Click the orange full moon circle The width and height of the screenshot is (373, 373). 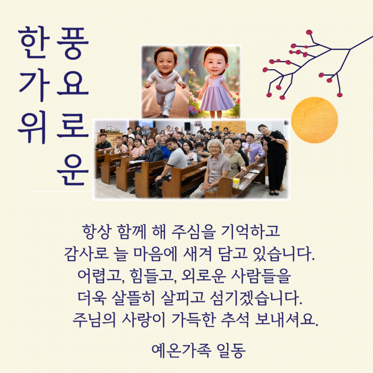tap(314, 120)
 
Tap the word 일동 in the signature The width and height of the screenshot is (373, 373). tap(231, 350)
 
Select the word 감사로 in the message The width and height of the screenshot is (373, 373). tap(82, 254)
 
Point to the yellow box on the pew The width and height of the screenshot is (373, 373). tap(236, 183)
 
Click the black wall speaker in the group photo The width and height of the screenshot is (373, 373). tap(187, 126)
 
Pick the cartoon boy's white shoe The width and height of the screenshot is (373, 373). tap(165, 114)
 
